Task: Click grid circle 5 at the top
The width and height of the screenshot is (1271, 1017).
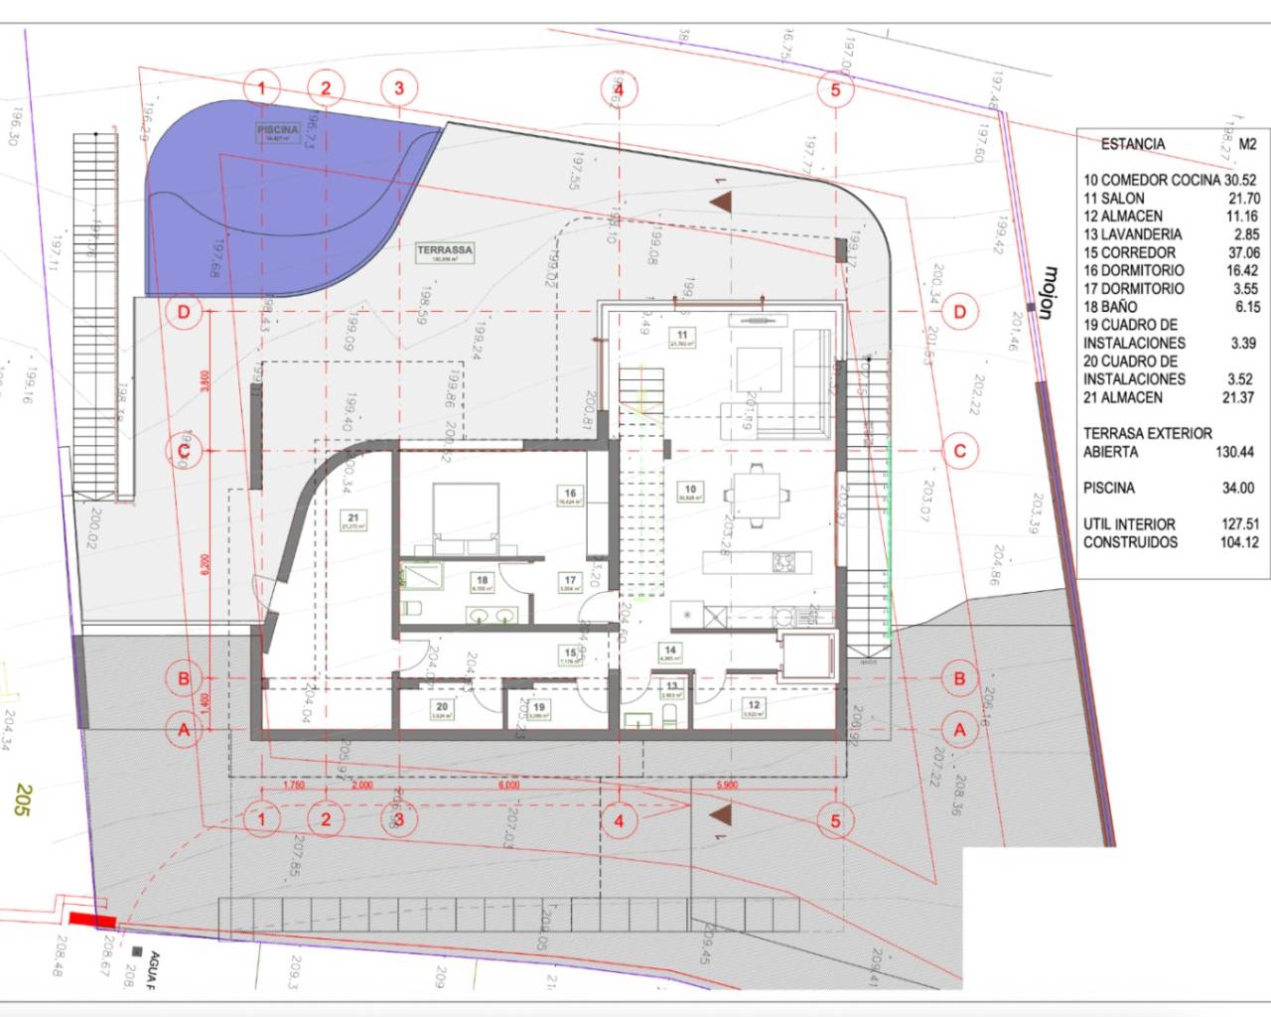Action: [835, 89]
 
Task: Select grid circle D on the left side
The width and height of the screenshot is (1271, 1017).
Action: [184, 312]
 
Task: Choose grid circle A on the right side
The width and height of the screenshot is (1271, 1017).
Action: [959, 730]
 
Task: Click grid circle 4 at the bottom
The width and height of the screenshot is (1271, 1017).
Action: [620, 820]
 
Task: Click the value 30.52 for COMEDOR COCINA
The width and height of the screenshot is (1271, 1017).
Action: [1240, 180]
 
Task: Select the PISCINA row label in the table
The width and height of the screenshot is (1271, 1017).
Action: [1108, 488]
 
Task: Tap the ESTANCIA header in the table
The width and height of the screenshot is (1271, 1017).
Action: [1132, 144]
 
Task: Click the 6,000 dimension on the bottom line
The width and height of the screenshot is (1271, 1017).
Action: [508, 785]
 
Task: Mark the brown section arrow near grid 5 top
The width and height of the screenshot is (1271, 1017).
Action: [724, 203]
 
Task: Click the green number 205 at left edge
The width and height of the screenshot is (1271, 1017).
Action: [23, 800]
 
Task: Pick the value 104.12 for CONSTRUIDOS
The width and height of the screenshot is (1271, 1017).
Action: [1238, 542]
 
